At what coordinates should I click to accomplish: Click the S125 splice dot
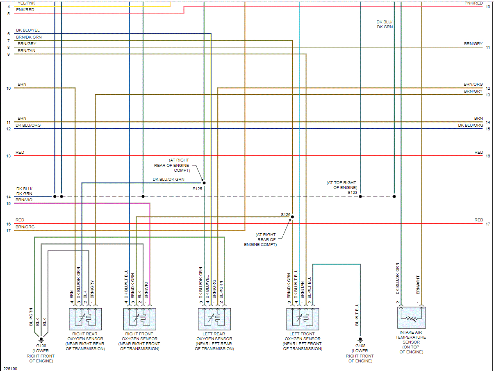point(204,183)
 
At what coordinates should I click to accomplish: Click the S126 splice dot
point(292,217)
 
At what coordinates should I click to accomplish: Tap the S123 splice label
point(352,192)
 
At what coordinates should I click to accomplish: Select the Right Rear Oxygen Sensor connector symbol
point(85,319)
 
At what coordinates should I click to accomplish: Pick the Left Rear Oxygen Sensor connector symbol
point(214,319)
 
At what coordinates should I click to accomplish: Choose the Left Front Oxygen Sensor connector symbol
point(303,319)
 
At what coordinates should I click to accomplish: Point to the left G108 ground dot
point(41,339)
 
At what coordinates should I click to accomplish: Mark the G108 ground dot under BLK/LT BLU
point(360,339)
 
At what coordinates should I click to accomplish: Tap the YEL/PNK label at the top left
point(26,3)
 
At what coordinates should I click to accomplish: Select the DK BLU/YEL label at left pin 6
point(28,30)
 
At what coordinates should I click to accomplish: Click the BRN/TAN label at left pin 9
point(26,51)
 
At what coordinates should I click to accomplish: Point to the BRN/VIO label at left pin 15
point(24,199)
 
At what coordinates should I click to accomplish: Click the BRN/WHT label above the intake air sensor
point(418,285)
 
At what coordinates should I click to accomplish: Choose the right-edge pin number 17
point(488,224)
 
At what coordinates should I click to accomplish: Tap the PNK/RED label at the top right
point(474,3)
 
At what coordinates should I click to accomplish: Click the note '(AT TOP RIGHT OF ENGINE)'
point(341,185)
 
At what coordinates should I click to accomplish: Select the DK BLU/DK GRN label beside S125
point(168,179)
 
